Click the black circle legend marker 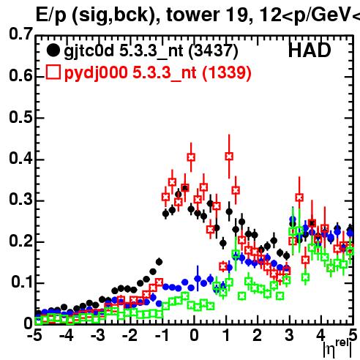(53, 50)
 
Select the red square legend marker (53, 72)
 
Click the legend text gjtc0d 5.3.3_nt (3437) (151, 51)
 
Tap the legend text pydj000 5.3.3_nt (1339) (158, 73)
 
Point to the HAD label (310, 50)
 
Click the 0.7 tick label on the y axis (20, 34)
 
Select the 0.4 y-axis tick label (20, 158)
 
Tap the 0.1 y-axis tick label (22, 282)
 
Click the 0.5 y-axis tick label (20, 117)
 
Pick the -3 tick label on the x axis (98, 336)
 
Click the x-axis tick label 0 (194, 336)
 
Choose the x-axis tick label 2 (258, 336)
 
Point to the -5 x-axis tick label (34, 336)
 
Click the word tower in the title (193, 15)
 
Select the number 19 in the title (237, 15)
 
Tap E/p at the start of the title (51, 15)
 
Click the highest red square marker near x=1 (229, 156)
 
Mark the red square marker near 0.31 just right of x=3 (299, 198)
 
